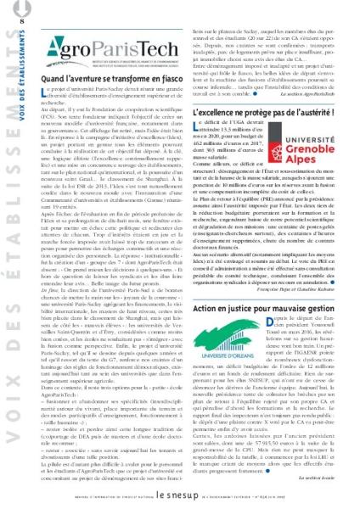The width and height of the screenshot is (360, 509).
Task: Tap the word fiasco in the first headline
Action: pos(167,79)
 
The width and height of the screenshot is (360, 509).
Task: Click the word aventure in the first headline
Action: pos(84,79)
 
